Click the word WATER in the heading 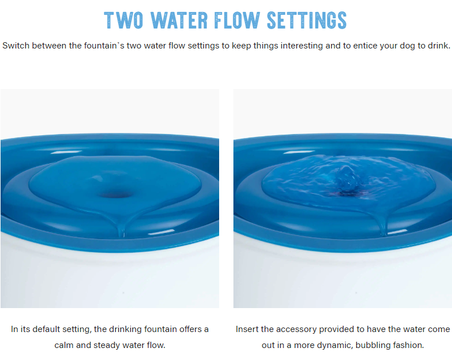(179, 20)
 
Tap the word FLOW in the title (237, 20)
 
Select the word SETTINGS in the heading (306, 20)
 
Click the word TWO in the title (124, 20)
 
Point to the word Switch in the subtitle (16, 46)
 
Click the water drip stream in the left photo (122, 230)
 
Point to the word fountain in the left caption (160, 329)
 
